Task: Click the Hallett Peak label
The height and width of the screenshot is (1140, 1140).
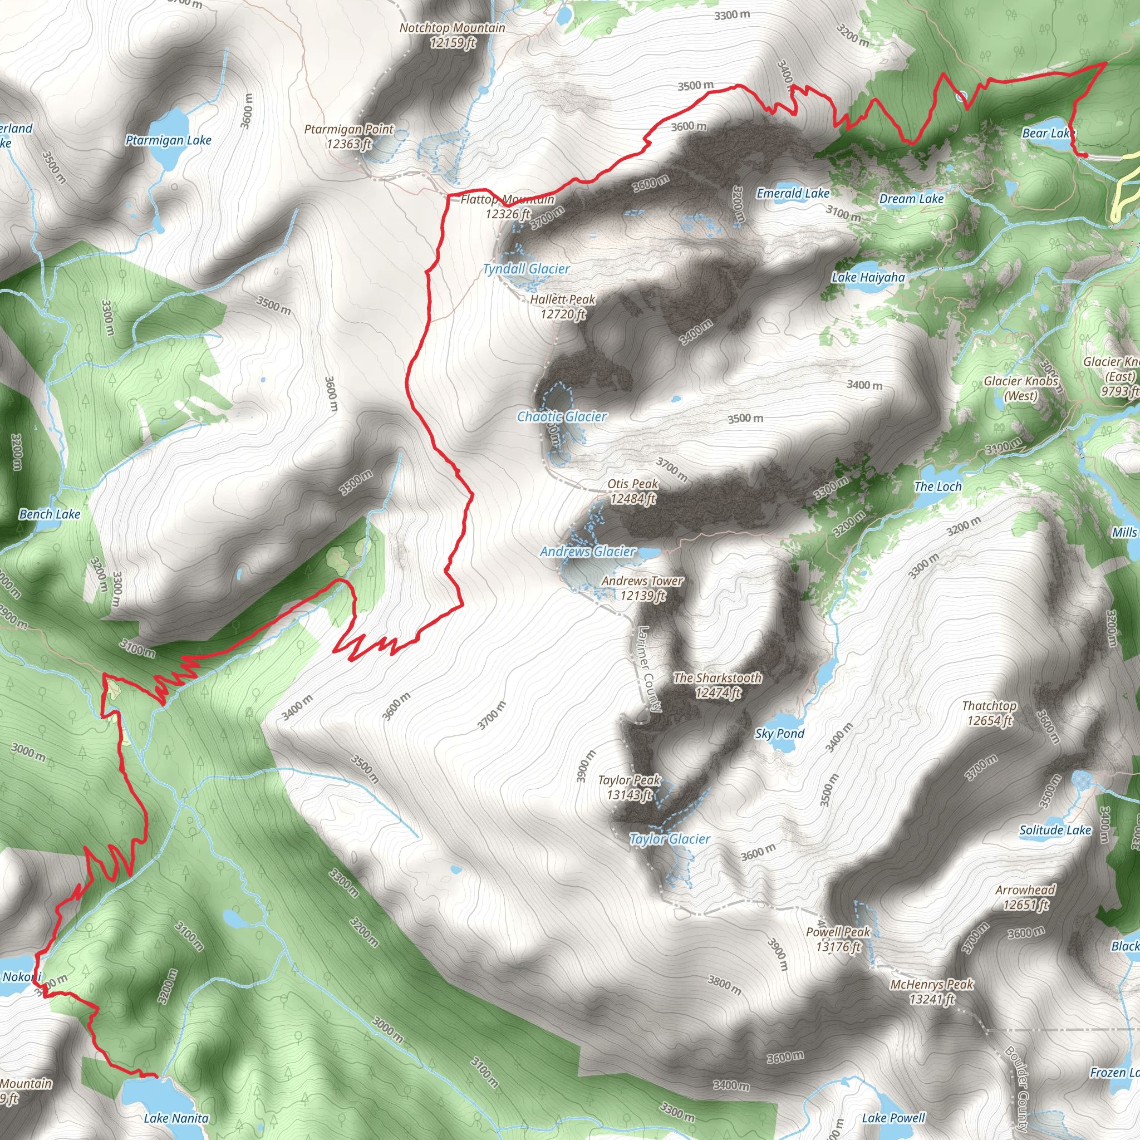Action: pyautogui.click(x=562, y=306)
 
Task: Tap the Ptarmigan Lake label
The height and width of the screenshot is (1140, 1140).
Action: pyautogui.click(x=168, y=140)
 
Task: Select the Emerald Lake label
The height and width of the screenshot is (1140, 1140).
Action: pyautogui.click(x=793, y=194)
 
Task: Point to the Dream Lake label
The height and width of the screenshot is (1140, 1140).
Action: pyautogui.click(x=911, y=199)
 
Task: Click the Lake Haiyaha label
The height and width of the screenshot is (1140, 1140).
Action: pyautogui.click(x=868, y=277)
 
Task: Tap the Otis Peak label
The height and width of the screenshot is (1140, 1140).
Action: pyautogui.click(x=632, y=491)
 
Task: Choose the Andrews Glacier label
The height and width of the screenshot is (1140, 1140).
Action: pyautogui.click(x=588, y=552)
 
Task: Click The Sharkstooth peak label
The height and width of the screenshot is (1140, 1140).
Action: pyautogui.click(x=718, y=685)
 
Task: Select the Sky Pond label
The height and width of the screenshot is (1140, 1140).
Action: pyautogui.click(x=779, y=734)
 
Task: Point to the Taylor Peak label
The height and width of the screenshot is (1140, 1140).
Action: pyautogui.click(x=629, y=787)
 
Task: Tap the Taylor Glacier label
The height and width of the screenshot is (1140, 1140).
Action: pyautogui.click(x=670, y=839)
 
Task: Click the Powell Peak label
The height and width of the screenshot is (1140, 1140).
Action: pyautogui.click(x=838, y=939)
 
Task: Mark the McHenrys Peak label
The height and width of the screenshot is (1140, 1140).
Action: pyautogui.click(x=932, y=991)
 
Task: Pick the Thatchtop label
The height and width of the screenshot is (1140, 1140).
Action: pyautogui.click(x=989, y=713)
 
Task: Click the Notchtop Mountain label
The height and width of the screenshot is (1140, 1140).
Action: pyautogui.click(x=453, y=35)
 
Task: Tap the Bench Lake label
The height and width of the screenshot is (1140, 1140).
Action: pyautogui.click(x=50, y=514)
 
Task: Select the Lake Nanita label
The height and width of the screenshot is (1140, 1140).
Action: pyautogui.click(x=176, y=1118)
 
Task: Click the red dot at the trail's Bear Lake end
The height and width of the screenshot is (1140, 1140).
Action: pyautogui.click(x=1084, y=155)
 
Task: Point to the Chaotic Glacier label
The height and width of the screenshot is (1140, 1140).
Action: pyautogui.click(x=562, y=416)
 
